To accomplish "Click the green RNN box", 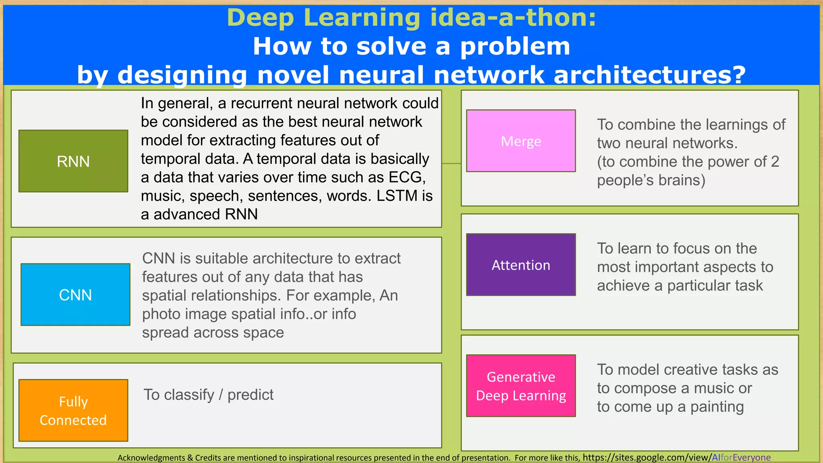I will (73, 161).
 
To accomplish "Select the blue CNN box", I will (75, 295).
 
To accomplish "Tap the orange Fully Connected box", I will (73, 410).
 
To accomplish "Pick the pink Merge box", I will (521, 141).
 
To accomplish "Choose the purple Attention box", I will (521, 265).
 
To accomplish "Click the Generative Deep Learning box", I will (521, 386).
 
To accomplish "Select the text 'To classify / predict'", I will (209, 395).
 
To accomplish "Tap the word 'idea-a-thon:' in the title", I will (513, 18).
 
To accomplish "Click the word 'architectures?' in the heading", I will (649, 75).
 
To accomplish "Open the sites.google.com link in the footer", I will (677, 457).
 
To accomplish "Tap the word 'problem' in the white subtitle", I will (515, 46).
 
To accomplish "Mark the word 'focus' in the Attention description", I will (685, 248).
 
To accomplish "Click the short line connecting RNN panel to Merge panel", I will (451, 164).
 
